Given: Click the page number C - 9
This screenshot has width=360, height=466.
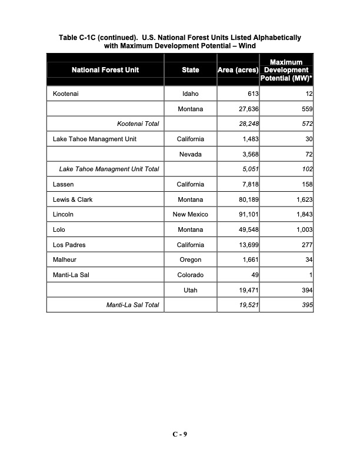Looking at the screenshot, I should tap(179, 434).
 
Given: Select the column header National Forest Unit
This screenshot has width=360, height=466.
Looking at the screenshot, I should tap(105, 70).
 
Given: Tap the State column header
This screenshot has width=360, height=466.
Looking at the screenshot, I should tap(190, 70).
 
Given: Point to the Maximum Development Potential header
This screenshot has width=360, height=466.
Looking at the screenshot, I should tap(288, 70).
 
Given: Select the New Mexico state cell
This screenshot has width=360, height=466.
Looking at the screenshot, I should tap(190, 215).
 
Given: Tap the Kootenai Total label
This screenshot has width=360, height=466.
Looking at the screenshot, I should tap(138, 124).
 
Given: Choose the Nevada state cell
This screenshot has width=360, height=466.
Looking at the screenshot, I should tap(190, 154).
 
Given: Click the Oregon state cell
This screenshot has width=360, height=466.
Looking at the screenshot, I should tap(190, 260).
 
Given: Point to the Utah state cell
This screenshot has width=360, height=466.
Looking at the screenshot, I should tap(190, 291).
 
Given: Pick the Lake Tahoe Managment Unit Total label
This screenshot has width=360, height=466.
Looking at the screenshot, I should tap(109, 169).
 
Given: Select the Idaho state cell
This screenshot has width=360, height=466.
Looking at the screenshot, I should tap(190, 94).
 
